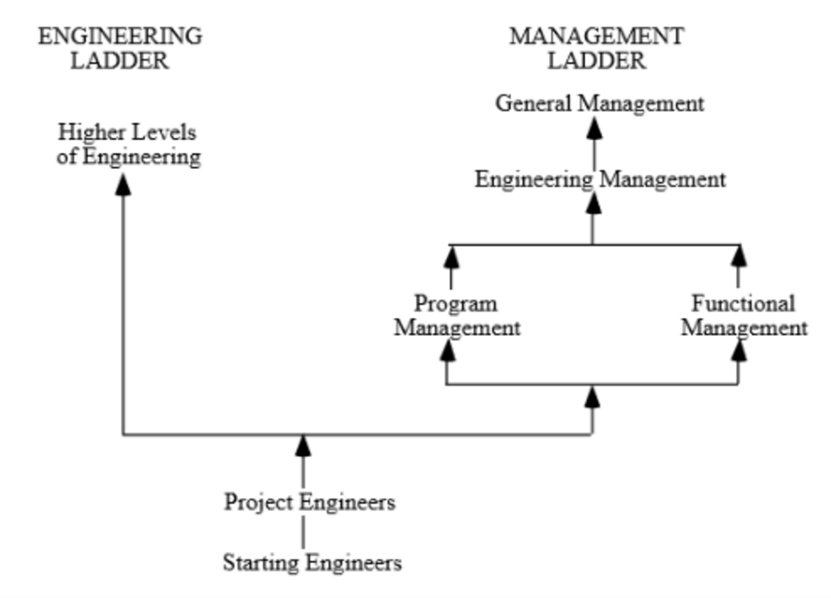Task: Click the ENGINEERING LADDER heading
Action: click(x=120, y=49)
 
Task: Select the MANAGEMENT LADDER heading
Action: click(x=596, y=49)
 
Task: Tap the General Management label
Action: click(x=600, y=103)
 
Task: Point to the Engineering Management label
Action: click(x=600, y=180)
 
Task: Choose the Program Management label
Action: click(x=456, y=316)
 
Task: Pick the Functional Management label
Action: click(x=743, y=316)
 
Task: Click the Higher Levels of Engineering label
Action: click(x=128, y=144)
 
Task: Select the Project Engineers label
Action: click(x=309, y=502)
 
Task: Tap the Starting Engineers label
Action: click(x=312, y=563)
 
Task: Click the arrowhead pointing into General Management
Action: click(x=594, y=128)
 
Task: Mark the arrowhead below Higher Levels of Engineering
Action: click(x=123, y=185)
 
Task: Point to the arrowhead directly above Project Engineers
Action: click(x=303, y=445)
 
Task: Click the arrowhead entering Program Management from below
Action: click(x=447, y=350)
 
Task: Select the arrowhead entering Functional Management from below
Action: click(x=739, y=350)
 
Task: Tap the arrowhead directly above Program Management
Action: click(x=451, y=257)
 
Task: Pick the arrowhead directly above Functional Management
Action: click(x=739, y=257)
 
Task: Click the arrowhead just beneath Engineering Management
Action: click(x=593, y=203)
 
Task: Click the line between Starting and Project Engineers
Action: click(x=303, y=533)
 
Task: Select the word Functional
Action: click(x=743, y=303)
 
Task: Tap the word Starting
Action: click(x=261, y=563)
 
